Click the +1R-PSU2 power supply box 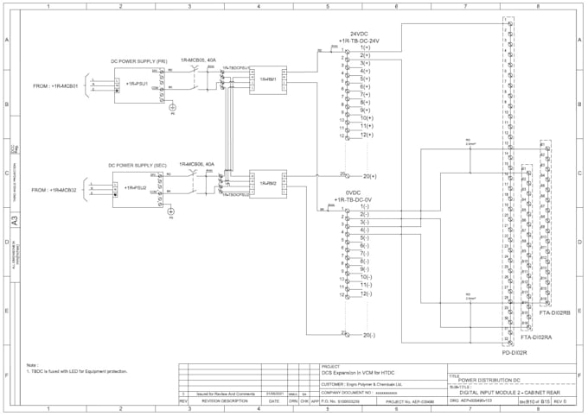click(135, 186)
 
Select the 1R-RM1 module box click(267, 79)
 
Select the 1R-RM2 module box click(267, 183)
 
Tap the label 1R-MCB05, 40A click(198, 60)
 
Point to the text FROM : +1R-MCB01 click(55, 86)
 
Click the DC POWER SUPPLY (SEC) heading click(137, 165)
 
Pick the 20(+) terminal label click(369, 175)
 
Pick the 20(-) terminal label click(368, 334)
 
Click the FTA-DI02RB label click(554, 312)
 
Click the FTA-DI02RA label click(536, 337)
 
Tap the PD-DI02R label click(515, 352)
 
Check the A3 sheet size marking click(13, 221)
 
